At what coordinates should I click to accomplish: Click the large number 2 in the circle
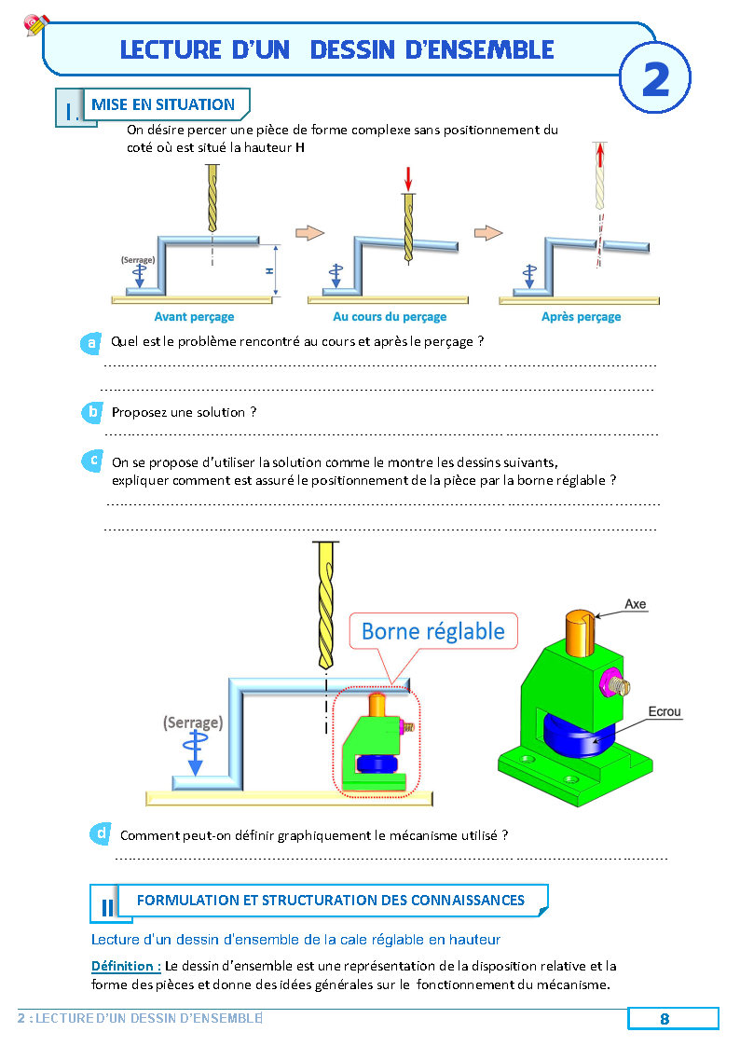pyautogui.click(x=655, y=80)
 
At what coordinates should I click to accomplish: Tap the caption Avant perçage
pyautogui.click(x=194, y=317)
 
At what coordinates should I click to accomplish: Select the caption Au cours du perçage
pyautogui.click(x=390, y=317)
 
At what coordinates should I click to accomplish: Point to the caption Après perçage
pyautogui.click(x=581, y=317)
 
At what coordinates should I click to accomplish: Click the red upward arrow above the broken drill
pyautogui.click(x=599, y=153)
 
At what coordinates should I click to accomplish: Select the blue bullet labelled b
pyautogui.click(x=91, y=412)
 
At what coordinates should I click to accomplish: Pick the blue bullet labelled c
pyautogui.click(x=92, y=461)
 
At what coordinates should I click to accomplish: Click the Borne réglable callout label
pyautogui.click(x=432, y=631)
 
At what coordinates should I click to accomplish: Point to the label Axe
pyautogui.click(x=635, y=604)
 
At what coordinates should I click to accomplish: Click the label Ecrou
pyautogui.click(x=665, y=712)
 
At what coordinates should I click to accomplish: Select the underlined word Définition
pyautogui.click(x=126, y=966)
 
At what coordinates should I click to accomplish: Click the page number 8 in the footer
pyautogui.click(x=665, y=1019)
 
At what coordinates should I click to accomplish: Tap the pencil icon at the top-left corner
pyautogui.click(x=36, y=24)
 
